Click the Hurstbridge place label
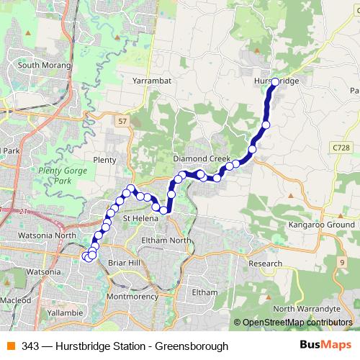[x=276, y=81]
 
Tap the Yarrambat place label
[x=152, y=81]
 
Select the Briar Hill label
[x=123, y=264]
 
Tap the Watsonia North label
[x=45, y=235]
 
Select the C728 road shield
[x=343, y=147]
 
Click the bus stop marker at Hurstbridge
[x=275, y=82]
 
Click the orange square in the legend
[x=12, y=346]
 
